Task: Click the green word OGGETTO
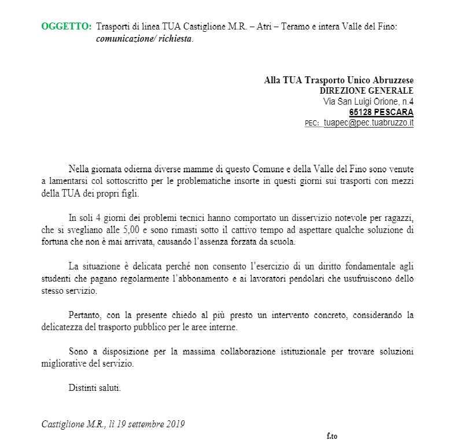click(x=67, y=27)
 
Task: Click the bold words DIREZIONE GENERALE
click(x=366, y=91)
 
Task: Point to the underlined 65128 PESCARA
click(x=381, y=112)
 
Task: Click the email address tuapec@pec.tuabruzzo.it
click(x=368, y=123)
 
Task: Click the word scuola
click(x=282, y=242)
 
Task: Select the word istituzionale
click(x=302, y=352)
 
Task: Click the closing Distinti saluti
click(x=95, y=387)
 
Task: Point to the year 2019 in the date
click(x=174, y=424)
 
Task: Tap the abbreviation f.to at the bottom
click(x=331, y=435)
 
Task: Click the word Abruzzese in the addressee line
click(x=394, y=80)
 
